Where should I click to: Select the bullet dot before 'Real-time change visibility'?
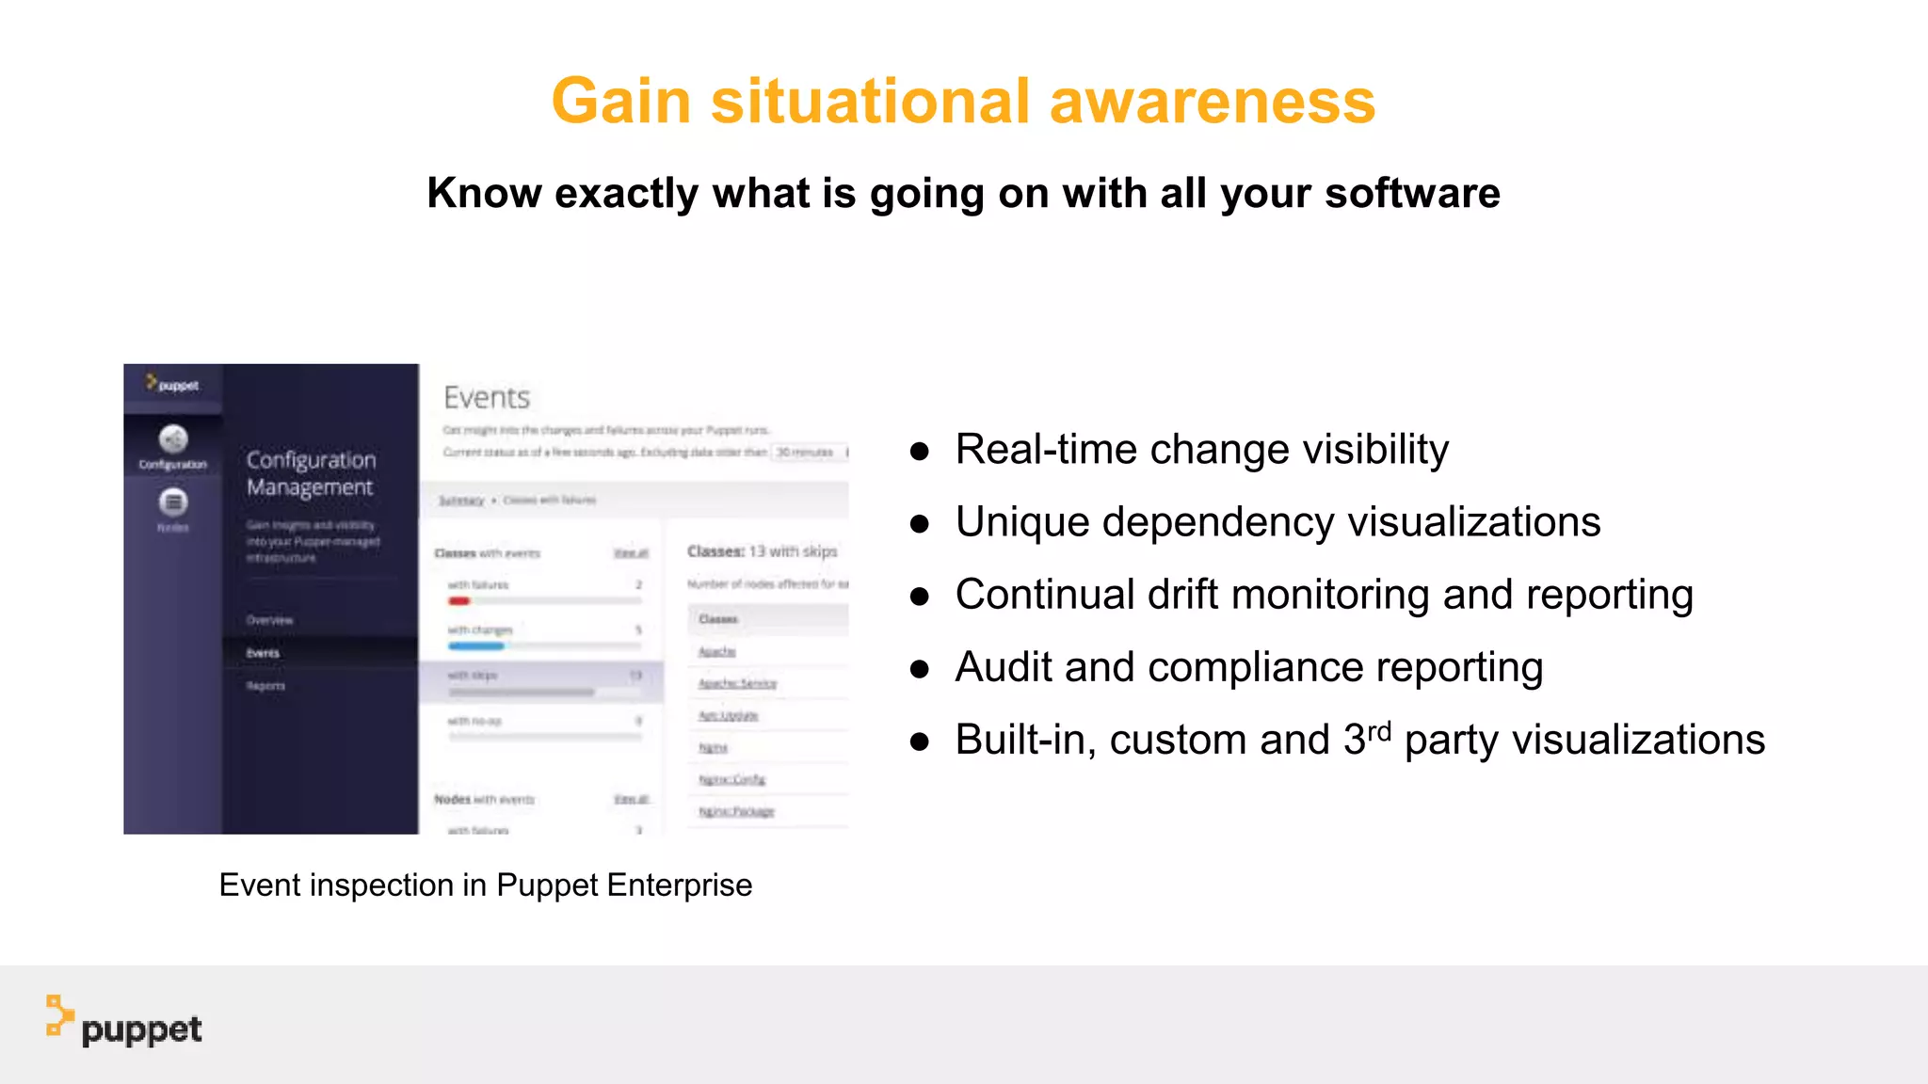[x=920, y=452]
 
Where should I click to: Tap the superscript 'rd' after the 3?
[x=1379, y=732]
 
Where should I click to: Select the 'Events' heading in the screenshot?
[x=487, y=398]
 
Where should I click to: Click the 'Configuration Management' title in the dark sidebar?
[x=311, y=473]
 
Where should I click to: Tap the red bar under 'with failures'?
[x=459, y=601]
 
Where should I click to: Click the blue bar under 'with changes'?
[x=476, y=646]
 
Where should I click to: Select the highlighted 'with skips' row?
[x=541, y=680]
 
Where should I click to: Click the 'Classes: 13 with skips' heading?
[x=762, y=551]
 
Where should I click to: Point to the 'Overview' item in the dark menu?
[x=270, y=620]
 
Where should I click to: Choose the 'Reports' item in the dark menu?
[x=265, y=686]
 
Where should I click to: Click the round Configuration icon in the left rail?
[x=173, y=439]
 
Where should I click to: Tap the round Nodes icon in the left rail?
[x=173, y=502]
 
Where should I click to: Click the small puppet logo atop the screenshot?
[x=172, y=384]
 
